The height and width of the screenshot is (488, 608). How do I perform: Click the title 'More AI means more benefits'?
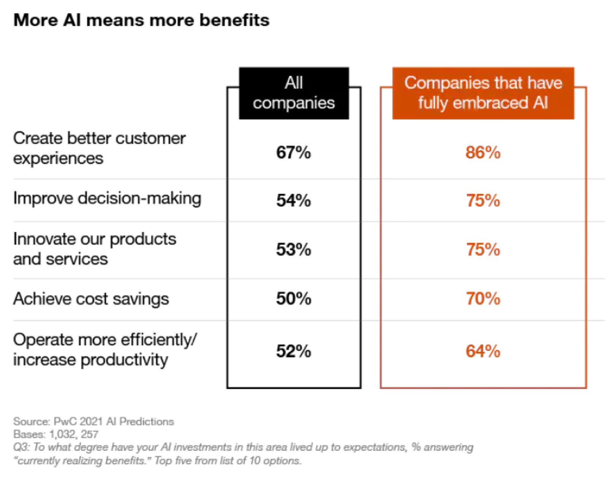pos(141,20)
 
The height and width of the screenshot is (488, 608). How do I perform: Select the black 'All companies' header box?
pos(294,93)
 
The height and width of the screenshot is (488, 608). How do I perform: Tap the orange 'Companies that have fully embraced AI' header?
pos(483,93)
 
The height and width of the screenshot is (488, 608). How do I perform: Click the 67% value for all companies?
pos(293,153)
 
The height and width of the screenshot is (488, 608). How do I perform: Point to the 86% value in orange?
pos(483,153)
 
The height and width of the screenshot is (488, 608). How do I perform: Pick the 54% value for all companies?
pos(293,201)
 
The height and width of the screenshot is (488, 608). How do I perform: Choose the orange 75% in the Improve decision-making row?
pos(483,201)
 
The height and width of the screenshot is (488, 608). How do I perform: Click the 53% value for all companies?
pos(293,250)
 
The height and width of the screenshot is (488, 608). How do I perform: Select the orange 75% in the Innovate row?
pos(483,250)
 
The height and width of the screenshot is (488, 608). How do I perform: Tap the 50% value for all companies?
pos(293,299)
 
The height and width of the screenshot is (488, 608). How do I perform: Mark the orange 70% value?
pos(483,299)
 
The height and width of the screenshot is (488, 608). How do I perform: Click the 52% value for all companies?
pos(293,351)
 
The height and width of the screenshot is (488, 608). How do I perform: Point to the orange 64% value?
pos(483,351)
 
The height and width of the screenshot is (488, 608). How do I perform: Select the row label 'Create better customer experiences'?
pos(99,148)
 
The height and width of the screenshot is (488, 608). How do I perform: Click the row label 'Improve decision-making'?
pos(107,198)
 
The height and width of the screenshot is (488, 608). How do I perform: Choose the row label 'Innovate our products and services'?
pos(95,249)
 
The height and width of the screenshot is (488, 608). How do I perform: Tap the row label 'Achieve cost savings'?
pos(91,299)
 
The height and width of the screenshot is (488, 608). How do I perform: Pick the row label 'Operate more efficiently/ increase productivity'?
pos(105,349)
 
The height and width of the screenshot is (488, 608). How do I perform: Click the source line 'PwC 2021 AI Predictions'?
pos(93,422)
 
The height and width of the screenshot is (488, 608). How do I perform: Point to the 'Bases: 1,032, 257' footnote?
pos(56,434)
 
